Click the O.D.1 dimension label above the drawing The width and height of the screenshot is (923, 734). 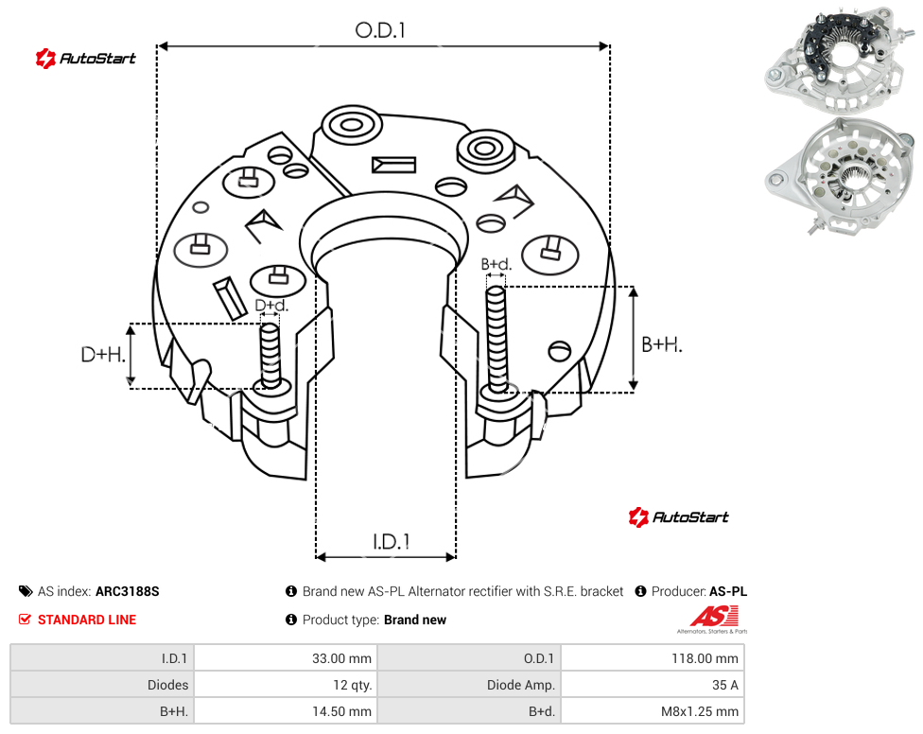(380, 30)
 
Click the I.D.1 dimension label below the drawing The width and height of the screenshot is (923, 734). (392, 542)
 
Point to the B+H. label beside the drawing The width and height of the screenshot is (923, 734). (662, 344)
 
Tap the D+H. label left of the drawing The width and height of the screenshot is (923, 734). (103, 355)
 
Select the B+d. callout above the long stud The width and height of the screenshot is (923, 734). (496, 264)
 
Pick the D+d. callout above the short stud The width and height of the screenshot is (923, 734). (271, 306)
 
